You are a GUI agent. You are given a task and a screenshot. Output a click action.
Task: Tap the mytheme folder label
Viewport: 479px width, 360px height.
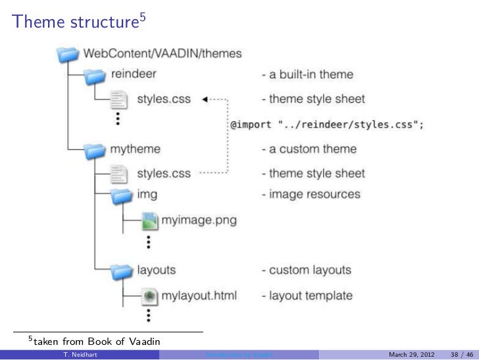[136, 149]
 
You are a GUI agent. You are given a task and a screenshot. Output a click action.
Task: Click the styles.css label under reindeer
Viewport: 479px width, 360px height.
[163, 99]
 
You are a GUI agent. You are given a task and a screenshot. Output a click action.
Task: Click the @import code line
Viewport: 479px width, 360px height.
[326, 124]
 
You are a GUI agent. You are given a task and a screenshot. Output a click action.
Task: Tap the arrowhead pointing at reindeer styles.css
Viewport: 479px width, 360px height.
[204, 100]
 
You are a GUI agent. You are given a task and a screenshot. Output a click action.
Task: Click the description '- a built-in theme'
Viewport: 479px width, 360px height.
[307, 75]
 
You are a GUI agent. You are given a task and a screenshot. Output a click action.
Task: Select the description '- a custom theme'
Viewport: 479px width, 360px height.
[309, 149]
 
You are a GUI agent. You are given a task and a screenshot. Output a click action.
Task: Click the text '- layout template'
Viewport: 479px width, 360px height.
[307, 296]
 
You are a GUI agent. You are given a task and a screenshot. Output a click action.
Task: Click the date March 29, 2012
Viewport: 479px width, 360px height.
[411, 355]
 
